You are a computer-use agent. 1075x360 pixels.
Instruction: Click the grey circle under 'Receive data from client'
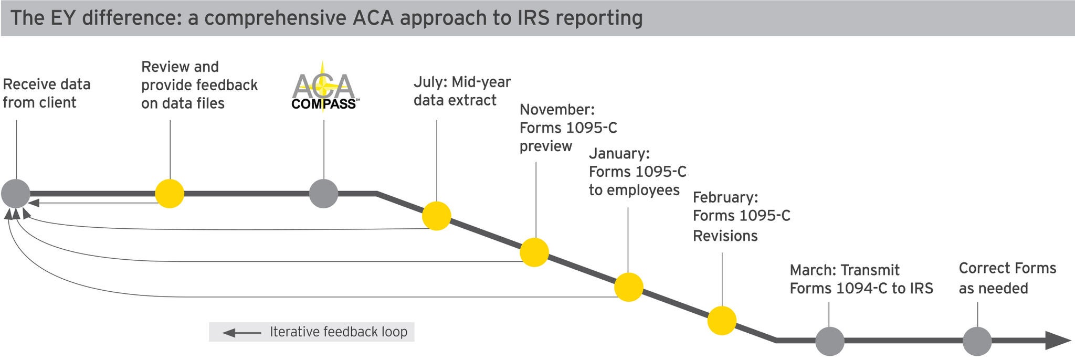16,194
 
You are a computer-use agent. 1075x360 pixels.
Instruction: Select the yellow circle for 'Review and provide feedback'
170,194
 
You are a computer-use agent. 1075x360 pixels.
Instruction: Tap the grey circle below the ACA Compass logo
323,194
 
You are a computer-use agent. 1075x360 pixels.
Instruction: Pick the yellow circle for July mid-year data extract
437,216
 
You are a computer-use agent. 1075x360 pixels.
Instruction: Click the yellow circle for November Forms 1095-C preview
534,252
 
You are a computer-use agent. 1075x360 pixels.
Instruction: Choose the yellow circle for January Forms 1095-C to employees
629,287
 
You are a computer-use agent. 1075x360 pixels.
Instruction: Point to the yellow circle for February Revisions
722,321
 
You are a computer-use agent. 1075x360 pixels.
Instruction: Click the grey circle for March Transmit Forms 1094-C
830,341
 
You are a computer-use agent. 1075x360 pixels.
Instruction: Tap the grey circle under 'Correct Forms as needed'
977,341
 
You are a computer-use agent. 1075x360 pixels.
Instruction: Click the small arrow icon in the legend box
241,333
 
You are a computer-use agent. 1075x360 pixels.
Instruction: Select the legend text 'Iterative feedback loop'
339,332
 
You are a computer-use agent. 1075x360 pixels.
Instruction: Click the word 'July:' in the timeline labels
430,82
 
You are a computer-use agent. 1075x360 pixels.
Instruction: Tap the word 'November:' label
557,110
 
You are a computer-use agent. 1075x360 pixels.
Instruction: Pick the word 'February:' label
725,197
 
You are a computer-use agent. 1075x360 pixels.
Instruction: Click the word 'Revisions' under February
725,236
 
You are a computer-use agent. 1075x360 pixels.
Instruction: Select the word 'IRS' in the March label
920,289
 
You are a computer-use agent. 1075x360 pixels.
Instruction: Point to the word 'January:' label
619,154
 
